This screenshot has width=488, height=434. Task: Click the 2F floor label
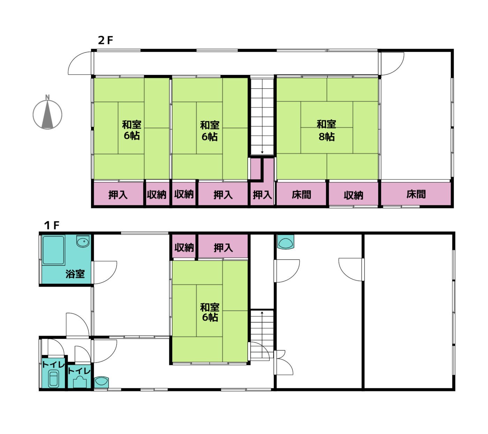pyautogui.click(x=105, y=40)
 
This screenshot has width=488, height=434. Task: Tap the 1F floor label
pyautogui.click(x=52, y=225)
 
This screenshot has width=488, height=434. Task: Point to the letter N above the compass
pyautogui.click(x=47, y=97)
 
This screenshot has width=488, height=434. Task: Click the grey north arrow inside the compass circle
pyautogui.click(x=47, y=114)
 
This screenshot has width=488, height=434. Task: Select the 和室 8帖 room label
pyautogui.click(x=326, y=130)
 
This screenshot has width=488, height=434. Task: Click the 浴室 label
pyautogui.click(x=75, y=274)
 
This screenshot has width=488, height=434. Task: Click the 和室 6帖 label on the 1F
pyautogui.click(x=210, y=312)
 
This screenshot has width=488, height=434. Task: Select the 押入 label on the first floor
pyautogui.click(x=223, y=248)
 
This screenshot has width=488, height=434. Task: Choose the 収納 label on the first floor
pyautogui.click(x=184, y=248)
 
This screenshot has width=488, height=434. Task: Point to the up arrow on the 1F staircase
pyautogui.click(x=262, y=318)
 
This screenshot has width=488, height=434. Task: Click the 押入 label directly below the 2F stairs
pyautogui.click(x=262, y=195)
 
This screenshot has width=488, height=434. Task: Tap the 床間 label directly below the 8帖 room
pyautogui.click(x=301, y=195)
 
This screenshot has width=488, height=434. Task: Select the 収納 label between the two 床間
pyautogui.click(x=353, y=195)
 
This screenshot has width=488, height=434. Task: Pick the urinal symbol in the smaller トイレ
pyautogui.click(x=80, y=382)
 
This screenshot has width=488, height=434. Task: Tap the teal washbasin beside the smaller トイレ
pyautogui.click(x=101, y=382)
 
